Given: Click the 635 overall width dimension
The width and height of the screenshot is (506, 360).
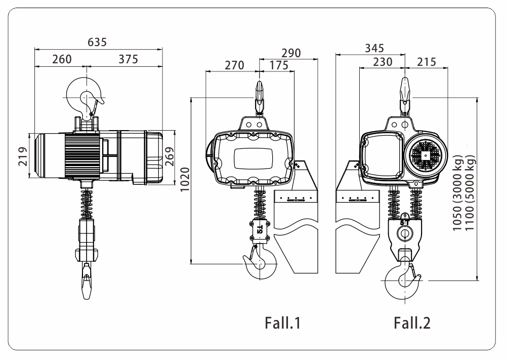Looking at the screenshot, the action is click(x=97, y=42).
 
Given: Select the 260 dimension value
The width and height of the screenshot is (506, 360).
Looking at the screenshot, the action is click(x=62, y=59).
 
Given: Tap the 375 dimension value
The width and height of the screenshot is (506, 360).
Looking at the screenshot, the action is click(x=128, y=59).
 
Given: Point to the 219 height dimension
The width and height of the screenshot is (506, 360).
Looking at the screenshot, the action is click(x=23, y=156).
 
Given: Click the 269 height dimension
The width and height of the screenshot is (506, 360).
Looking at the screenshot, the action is click(x=170, y=156).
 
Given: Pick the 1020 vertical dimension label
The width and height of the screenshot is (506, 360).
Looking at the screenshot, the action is click(x=185, y=180).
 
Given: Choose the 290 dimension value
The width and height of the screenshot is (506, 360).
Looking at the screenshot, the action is click(x=291, y=53).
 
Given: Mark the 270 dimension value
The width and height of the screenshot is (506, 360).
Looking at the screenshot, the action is click(x=234, y=65).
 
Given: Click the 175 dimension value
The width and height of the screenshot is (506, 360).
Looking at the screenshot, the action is click(x=279, y=65).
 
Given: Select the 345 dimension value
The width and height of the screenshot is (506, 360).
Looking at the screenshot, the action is click(x=374, y=48).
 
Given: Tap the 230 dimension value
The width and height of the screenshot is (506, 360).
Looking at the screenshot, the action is click(x=383, y=62).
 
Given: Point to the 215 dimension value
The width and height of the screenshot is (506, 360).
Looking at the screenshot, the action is click(x=426, y=62).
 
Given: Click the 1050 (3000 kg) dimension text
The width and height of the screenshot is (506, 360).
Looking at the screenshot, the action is click(x=457, y=193).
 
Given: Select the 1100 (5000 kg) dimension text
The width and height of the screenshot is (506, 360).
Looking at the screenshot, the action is click(x=470, y=193).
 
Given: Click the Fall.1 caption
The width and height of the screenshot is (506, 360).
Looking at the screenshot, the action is click(x=283, y=323).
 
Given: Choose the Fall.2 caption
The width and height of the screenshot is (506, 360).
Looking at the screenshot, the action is click(x=412, y=323).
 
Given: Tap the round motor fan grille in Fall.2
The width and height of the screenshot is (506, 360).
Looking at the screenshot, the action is click(x=426, y=156).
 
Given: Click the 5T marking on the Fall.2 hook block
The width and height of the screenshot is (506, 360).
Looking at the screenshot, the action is click(x=405, y=223).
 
